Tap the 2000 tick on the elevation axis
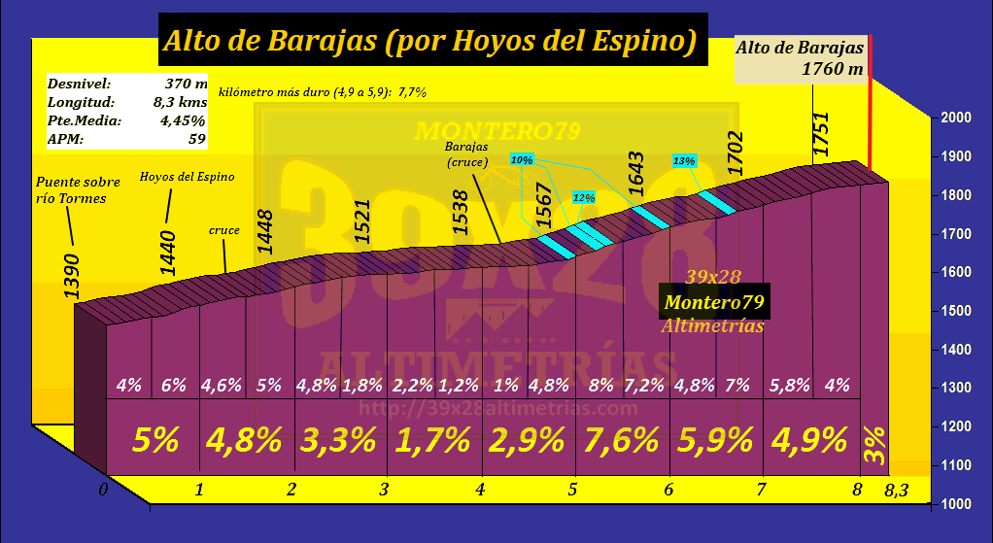pos(957,118)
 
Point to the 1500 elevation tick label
pos(957,311)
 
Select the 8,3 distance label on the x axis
pos(897,493)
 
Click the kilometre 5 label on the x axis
pos(573,489)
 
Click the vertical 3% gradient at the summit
pos(873,441)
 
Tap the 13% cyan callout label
pos(684,160)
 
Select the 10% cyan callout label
pos(521,159)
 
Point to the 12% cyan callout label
pos(584,197)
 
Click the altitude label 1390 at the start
pos(73,278)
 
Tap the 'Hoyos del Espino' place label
pos(188,177)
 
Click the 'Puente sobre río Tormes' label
pos(77,190)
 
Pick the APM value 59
pos(196,139)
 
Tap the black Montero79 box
pos(713,302)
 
